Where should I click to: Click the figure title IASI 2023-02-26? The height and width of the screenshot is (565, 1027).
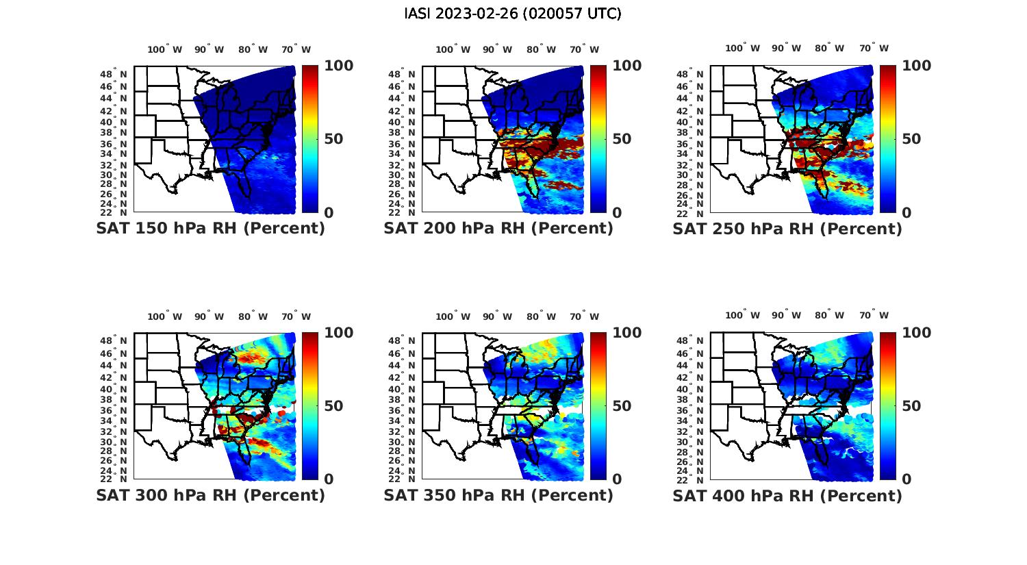[x=513, y=14]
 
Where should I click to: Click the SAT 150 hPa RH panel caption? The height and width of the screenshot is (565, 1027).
[x=210, y=229]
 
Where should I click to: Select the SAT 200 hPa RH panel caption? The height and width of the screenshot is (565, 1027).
[x=498, y=229]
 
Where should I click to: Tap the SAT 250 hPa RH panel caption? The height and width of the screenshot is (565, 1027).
[x=787, y=229]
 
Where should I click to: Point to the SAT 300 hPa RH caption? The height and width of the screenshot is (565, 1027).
[x=210, y=495]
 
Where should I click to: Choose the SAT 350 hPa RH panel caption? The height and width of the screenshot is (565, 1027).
[x=498, y=495]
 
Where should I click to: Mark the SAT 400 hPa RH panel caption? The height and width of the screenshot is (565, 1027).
[x=787, y=495]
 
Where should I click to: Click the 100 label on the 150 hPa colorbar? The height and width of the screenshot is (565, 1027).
[x=338, y=66]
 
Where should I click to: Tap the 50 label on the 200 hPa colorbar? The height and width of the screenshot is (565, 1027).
[x=622, y=139]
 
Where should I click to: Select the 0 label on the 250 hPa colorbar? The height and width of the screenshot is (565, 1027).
[x=906, y=213]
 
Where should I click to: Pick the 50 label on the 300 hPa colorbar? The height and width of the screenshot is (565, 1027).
[x=333, y=406]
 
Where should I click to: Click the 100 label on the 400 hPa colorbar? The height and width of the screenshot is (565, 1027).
[x=916, y=333]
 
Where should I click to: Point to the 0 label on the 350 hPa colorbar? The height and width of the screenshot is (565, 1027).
[x=617, y=479]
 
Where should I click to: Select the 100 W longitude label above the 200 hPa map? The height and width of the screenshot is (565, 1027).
[x=453, y=49]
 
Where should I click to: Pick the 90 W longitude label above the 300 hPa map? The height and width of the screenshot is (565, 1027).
[x=209, y=316]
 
